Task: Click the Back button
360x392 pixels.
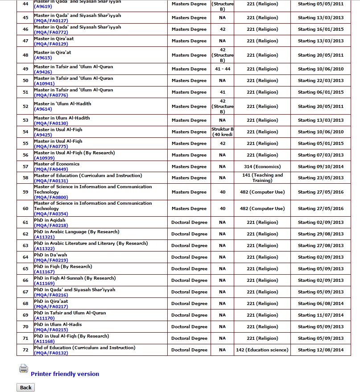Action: point(25,387)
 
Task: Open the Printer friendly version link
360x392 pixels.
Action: point(65,374)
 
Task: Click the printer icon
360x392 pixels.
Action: point(23,369)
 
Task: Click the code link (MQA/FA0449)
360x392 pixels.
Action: point(45,169)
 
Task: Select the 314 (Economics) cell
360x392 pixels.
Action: point(262,166)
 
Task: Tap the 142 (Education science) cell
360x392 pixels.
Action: point(262,350)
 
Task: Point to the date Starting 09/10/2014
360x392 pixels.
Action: point(321,166)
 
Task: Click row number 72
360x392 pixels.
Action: point(25,350)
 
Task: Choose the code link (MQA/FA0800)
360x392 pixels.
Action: point(45,197)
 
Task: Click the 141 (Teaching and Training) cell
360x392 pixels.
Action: point(262,177)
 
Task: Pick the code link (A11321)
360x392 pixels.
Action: point(42,237)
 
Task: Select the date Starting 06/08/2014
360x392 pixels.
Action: point(321,303)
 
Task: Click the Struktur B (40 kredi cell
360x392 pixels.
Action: point(222,132)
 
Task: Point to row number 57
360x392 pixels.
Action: point(25,166)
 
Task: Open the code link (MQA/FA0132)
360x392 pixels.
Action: point(45,353)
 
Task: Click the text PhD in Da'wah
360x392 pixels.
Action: point(50,255)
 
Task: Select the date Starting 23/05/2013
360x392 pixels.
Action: point(321,177)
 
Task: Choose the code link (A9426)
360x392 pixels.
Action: point(42,72)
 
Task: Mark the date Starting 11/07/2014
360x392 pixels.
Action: point(321,315)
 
